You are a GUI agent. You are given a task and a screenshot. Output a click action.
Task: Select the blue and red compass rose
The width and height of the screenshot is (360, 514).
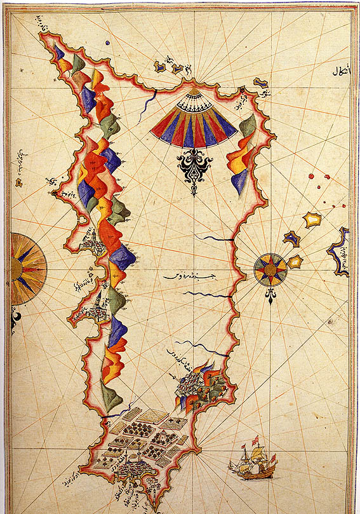[270, 270]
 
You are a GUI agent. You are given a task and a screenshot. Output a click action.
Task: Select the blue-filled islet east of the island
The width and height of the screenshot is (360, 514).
[291, 238]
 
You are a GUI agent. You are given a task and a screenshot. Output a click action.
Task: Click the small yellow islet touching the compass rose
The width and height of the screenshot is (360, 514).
[295, 261]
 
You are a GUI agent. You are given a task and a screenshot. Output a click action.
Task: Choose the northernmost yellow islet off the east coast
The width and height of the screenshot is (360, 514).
[311, 220]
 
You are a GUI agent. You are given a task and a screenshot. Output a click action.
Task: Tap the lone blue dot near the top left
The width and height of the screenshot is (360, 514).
[107, 43]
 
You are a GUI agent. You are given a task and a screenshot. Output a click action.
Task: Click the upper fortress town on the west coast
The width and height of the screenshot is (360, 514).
[94, 242]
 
